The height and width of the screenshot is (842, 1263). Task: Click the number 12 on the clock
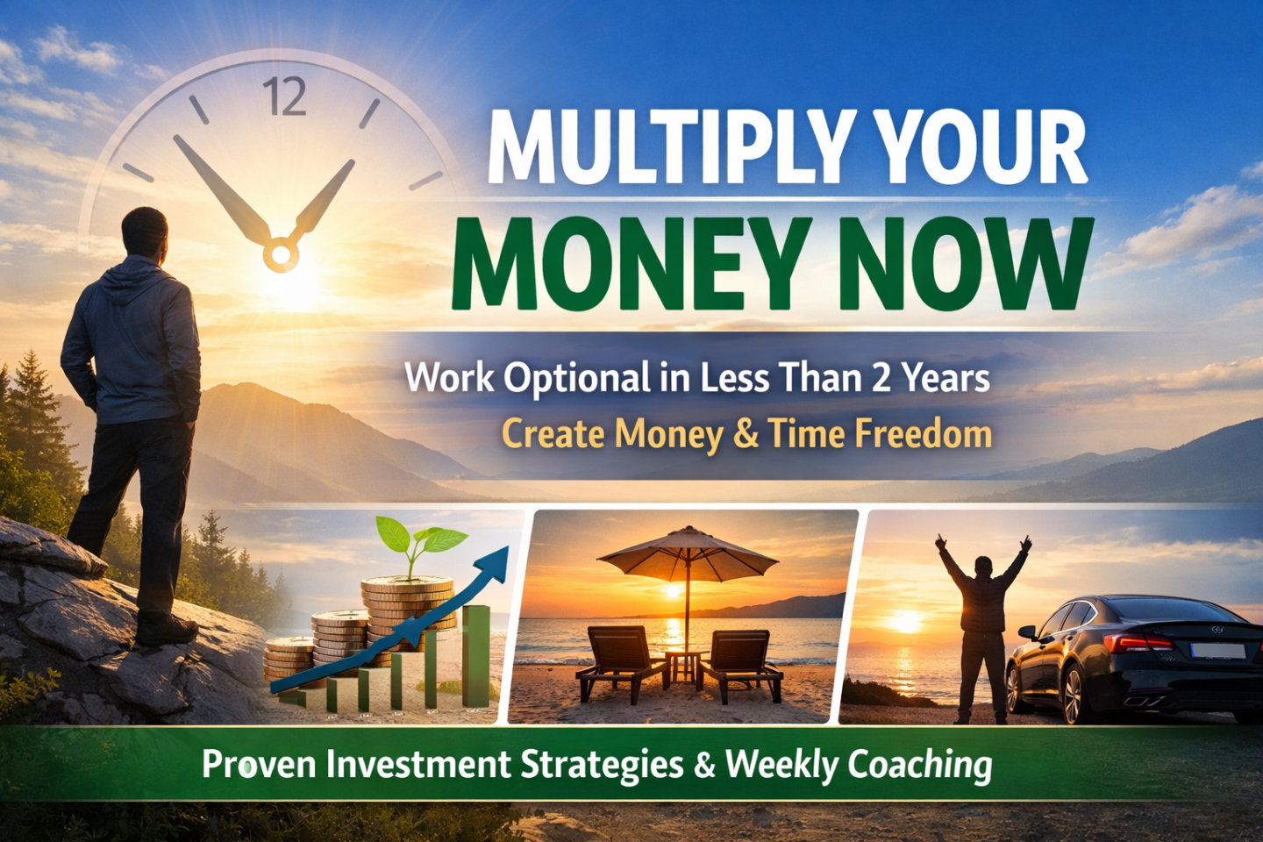[284, 96]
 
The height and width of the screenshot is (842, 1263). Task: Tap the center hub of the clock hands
[281, 254]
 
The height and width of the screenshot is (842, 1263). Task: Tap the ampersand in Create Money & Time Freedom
[746, 435]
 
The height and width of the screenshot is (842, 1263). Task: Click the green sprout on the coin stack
[420, 541]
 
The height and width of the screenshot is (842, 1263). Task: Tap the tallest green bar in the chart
[475, 656]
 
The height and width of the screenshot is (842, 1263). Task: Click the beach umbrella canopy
[688, 551]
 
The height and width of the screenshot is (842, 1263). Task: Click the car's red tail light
[1136, 642]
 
